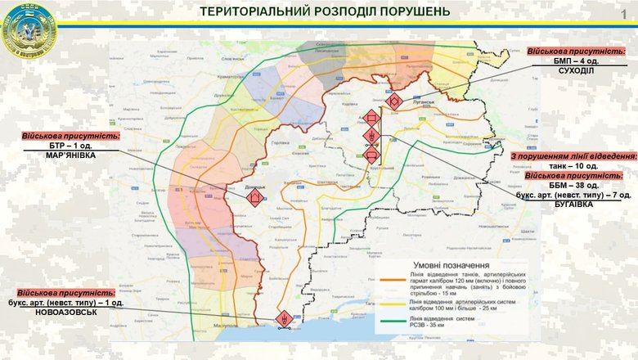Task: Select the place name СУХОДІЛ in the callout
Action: (x=577, y=70)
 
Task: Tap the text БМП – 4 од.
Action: (x=577, y=61)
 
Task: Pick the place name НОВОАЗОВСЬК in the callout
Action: (x=65, y=313)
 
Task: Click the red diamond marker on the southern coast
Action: (x=284, y=317)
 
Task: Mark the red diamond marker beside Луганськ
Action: (x=394, y=101)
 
